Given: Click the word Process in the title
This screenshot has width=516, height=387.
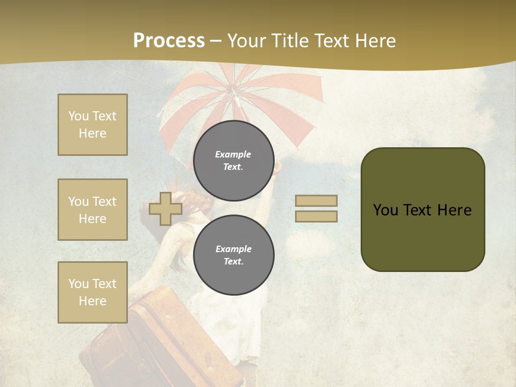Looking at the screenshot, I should click(x=169, y=40).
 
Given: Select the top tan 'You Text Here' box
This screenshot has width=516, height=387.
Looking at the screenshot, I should click(x=92, y=125).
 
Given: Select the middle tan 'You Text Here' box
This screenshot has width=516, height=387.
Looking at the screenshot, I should click(x=92, y=210).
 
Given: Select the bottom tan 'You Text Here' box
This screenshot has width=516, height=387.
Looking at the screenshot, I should click(x=92, y=292).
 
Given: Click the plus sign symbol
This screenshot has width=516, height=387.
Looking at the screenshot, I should click(x=166, y=209).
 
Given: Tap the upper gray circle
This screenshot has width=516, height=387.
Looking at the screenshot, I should click(x=234, y=160).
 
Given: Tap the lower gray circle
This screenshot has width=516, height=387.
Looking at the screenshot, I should click(x=234, y=255).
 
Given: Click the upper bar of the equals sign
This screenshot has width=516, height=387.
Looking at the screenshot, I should click(x=317, y=200).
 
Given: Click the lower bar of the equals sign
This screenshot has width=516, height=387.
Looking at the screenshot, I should click(x=317, y=216).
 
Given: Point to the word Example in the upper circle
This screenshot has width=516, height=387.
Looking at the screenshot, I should click(x=233, y=154).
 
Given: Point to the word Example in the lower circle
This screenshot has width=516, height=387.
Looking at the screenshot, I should click(x=233, y=249).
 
